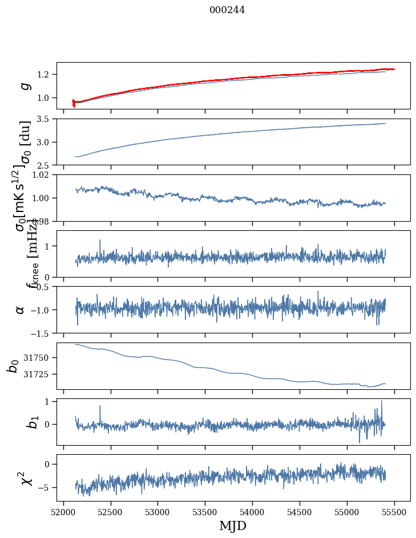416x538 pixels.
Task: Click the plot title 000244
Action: tap(227, 10)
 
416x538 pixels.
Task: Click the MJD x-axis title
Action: tap(233, 525)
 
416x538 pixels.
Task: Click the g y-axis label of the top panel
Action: tap(24, 85)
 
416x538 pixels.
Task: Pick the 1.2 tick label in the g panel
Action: tap(45, 75)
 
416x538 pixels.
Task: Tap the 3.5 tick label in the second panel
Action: tap(45, 119)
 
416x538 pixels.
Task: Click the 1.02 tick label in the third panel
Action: tap(42, 175)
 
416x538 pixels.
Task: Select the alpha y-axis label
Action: tap(20, 309)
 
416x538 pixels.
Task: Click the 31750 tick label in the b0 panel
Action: tap(38, 357)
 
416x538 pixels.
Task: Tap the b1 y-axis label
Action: tap(17, 422)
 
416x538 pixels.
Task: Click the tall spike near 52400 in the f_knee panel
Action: tap(100, 241)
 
